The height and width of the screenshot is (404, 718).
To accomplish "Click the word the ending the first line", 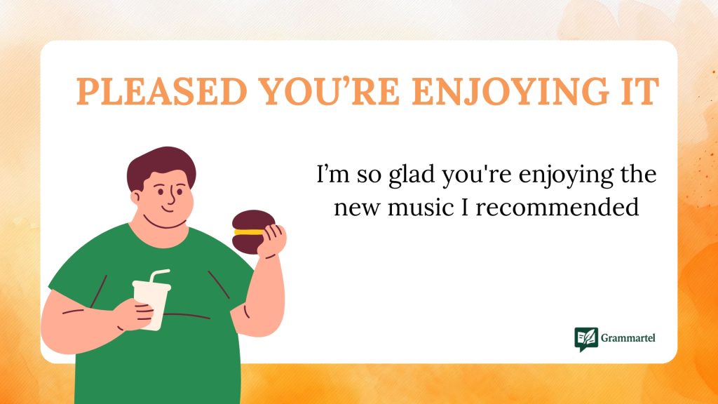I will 638,174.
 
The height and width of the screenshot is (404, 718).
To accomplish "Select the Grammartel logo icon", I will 585,339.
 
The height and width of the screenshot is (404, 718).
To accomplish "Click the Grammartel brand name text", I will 628,339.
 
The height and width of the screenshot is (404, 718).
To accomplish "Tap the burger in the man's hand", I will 253,232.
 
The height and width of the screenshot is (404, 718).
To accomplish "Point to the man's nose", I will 170,197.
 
